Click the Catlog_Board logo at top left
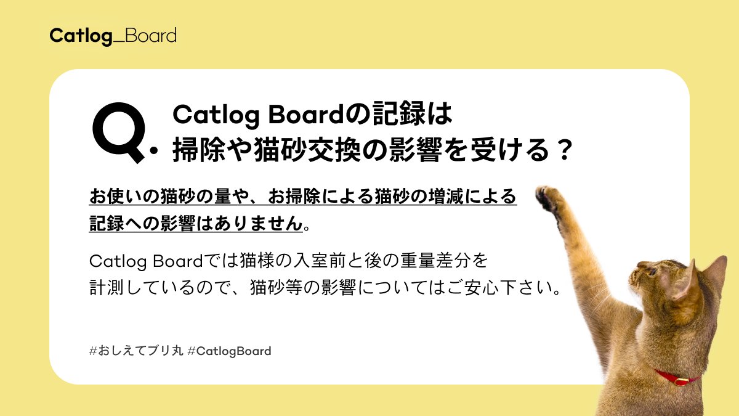coord(113,35)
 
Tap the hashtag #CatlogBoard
coord(229,351)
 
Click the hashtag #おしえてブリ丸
coord(136,351)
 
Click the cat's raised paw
coord(549,198)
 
